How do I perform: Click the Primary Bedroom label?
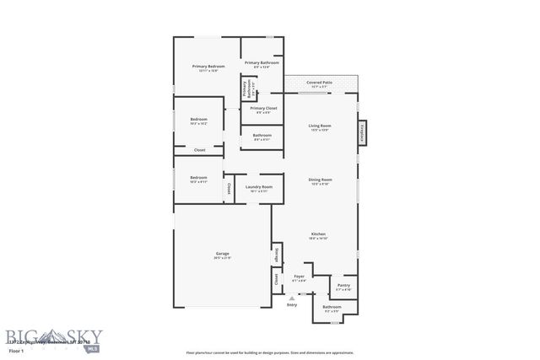[x=207, y=67]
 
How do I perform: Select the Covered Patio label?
[x=320, y=84]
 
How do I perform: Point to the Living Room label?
[x=320, y=127]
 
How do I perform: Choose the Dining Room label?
[x=320, y=180]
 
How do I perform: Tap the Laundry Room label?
[x=258, y=188]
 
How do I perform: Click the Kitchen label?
[x=319, y=235]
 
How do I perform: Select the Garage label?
[x=222, y=255]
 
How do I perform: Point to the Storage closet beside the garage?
[x=276, y=255]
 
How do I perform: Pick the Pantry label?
[x=343, y=287]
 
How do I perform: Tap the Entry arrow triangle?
[x=292, y=298]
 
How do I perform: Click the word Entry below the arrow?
[x=292, y=305]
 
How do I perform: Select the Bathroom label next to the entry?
[x=332, y=308]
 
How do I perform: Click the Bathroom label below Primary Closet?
[x=262, y=137]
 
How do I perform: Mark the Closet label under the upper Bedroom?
[x=200, y=150]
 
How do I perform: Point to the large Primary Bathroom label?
[x=262, y=64]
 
